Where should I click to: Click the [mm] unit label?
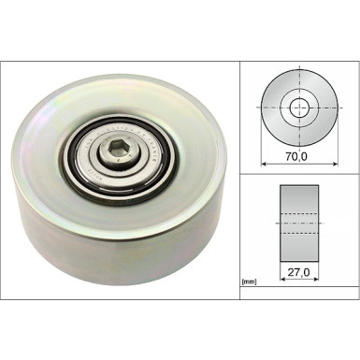[x=249, y=281]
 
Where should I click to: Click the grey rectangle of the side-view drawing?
[x=297, y=201]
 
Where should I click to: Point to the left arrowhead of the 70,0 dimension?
[x=259, y=165]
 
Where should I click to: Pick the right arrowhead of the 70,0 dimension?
[x=336, y=165]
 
